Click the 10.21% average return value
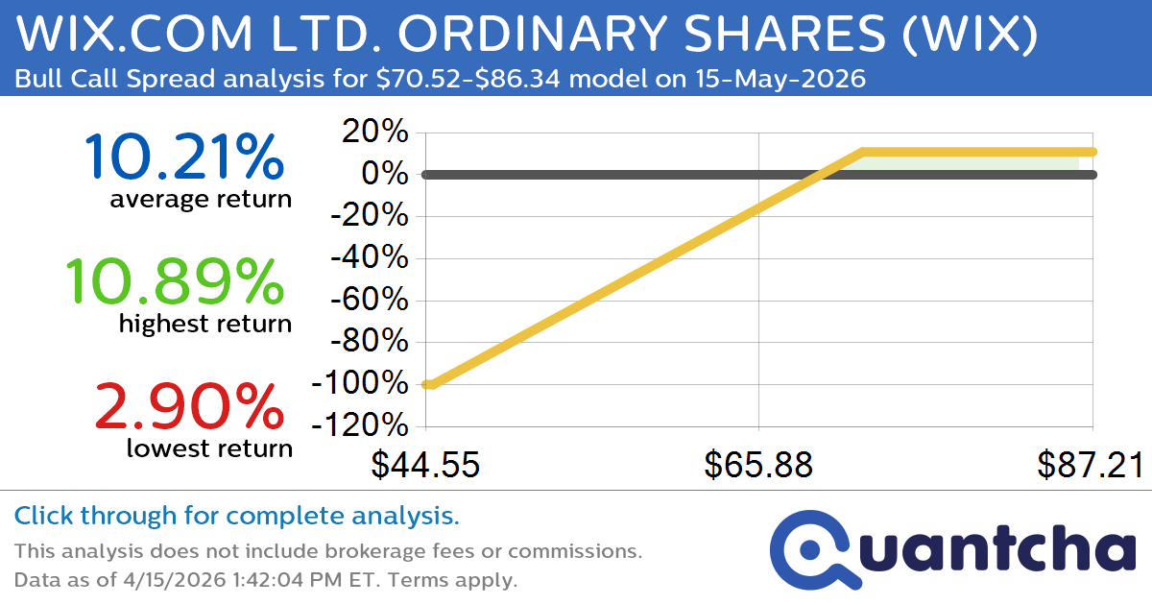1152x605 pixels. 183,157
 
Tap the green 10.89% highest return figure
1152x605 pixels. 174,282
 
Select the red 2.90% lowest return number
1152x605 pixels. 189,406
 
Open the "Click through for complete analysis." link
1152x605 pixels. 236,517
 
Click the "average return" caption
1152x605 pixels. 200,199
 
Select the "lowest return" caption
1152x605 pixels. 208,448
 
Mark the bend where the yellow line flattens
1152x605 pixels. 863,152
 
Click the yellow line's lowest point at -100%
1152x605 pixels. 428,384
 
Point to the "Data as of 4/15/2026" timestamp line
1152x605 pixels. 266,580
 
